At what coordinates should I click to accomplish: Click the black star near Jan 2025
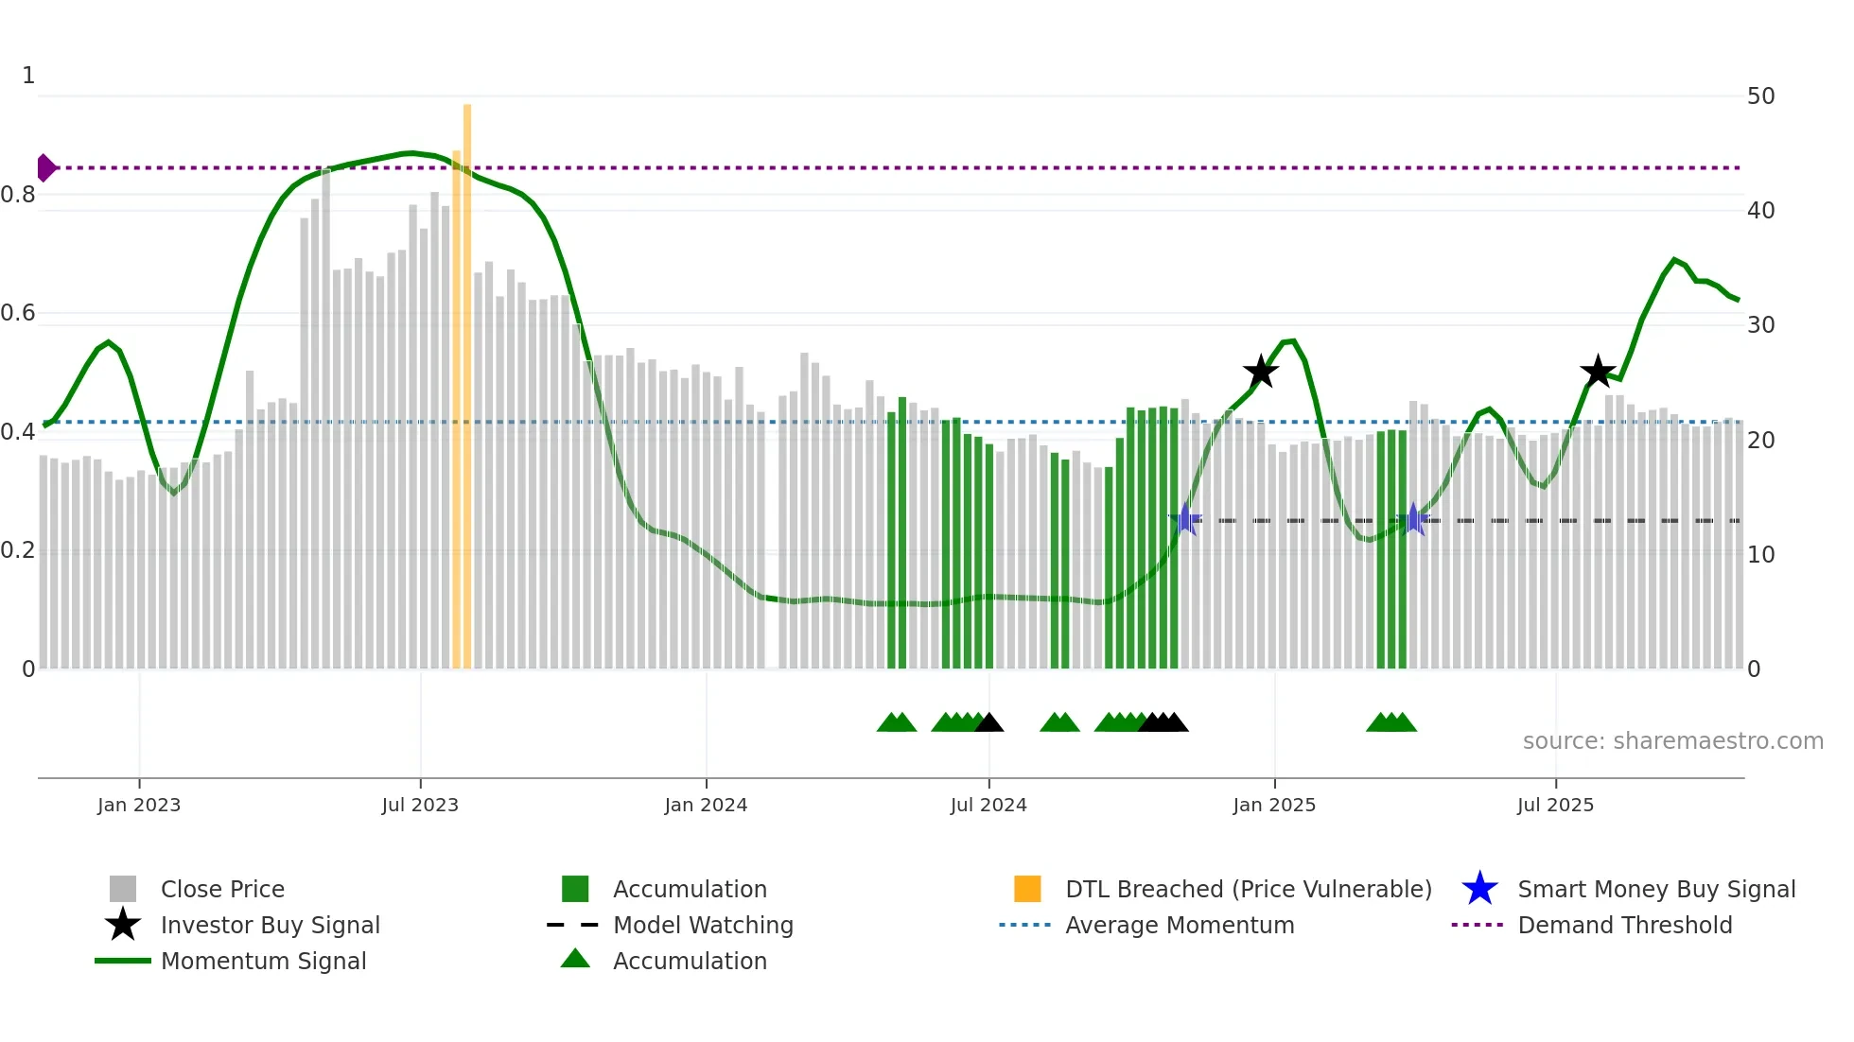1260,372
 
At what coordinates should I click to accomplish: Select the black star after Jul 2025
1598,372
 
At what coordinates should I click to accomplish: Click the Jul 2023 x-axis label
420,805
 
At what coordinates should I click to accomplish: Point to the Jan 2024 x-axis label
706,805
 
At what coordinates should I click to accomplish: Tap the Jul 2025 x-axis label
1555,805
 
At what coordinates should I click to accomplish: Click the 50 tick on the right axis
1760,96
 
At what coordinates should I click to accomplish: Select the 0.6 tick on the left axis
19,313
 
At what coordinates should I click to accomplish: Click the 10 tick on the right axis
1760,555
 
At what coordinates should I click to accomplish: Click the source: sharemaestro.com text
1672,741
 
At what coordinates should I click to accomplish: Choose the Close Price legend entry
221,889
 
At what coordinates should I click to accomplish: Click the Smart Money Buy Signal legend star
1479,889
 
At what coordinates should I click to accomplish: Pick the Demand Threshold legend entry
1624,925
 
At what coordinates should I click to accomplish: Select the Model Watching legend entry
702,925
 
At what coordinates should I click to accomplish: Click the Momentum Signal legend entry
263,961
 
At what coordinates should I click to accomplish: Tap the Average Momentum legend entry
1179,925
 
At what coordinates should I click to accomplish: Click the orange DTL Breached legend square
1027,889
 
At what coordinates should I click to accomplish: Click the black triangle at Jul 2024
988,723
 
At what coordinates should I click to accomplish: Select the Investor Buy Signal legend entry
270,925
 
